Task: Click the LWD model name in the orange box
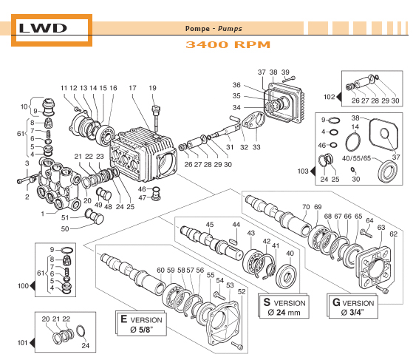(43, 29)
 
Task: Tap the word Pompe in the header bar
(197, 29)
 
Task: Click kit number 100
(22, 285)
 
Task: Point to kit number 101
(22, 343)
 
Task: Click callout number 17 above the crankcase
(133, 89)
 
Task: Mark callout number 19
(153, 89)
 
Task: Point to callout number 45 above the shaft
(210, 224)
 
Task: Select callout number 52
(240, 291)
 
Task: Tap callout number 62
(393, 234)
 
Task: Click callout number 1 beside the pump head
(43, 214)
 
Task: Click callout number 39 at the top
(286, 72)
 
